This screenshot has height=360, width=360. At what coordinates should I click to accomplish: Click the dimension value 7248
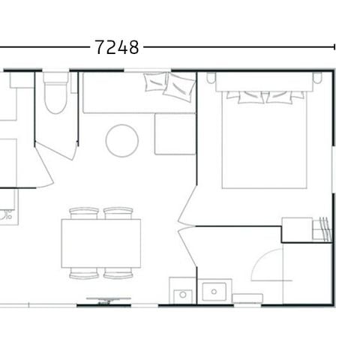118,47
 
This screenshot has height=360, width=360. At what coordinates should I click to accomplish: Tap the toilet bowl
55,97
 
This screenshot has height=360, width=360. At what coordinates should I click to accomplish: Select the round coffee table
122,140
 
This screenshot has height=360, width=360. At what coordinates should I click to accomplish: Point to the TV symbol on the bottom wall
106,300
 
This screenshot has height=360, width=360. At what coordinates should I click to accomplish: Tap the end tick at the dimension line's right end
334,47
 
